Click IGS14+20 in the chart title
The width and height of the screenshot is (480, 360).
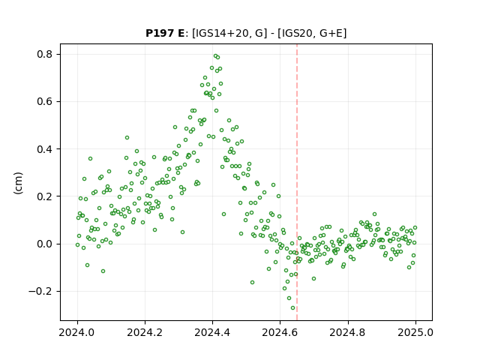pos(220,33)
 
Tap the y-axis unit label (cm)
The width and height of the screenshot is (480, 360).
pos(18,183)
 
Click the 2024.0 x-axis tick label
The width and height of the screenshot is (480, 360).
pos(77,332)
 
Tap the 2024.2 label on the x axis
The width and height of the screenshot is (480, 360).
pos(145,332)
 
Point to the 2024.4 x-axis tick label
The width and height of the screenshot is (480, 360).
pos(212,332)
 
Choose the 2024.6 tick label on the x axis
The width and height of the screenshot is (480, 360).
pos(280,332)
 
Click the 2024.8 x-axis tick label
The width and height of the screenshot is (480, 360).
pos(348,332)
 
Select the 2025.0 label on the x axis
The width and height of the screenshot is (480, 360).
pos(415,332)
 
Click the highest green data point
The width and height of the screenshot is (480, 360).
pos(215,56)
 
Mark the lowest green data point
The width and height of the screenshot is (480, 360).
pos(292,308)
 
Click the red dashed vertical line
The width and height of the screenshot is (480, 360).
pos(297,182)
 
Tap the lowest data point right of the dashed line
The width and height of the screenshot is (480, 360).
pos(313,278)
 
